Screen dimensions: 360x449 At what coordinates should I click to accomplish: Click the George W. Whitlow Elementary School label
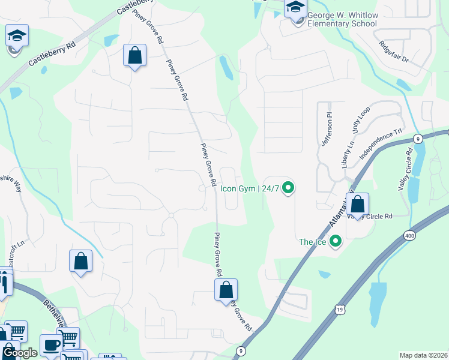(342, 19)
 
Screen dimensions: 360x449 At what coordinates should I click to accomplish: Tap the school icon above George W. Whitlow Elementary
(295, 8)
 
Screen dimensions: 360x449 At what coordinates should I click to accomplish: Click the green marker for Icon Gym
(288, 188)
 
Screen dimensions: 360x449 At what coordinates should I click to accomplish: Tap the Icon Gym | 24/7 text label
(249, 188)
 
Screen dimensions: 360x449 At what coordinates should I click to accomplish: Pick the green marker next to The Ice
(335, 242)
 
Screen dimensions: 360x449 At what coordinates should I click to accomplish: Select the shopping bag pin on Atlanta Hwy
(358, 205)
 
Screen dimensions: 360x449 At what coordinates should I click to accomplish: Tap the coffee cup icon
(51, 346)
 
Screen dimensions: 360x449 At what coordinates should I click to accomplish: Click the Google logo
(19, 353)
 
